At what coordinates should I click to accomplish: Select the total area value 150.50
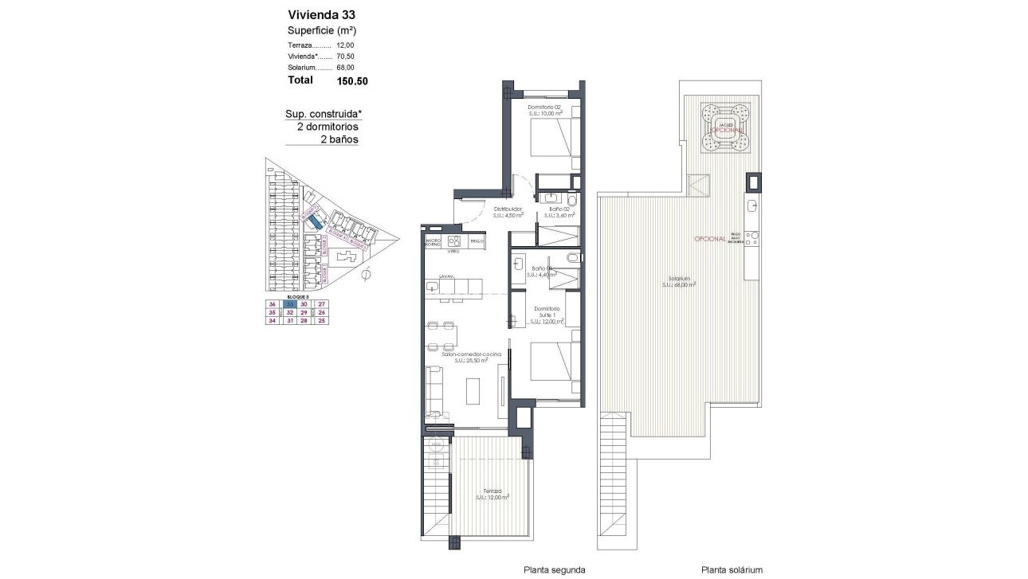pos(351,80)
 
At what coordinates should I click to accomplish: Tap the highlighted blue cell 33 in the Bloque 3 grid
pos(292,304)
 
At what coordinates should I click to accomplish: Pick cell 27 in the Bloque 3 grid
pos(322,304)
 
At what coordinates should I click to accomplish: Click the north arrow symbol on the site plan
pos(366,276)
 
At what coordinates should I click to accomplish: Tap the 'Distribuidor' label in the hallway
pos(507,210)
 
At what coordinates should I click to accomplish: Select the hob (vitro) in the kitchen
pos(455,241)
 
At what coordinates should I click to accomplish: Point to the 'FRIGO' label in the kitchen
pos(477,241)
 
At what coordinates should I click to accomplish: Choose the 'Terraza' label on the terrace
pos(492,491)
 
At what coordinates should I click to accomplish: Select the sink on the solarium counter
pos(752,207)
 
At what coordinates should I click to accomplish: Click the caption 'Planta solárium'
pos(732,569)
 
